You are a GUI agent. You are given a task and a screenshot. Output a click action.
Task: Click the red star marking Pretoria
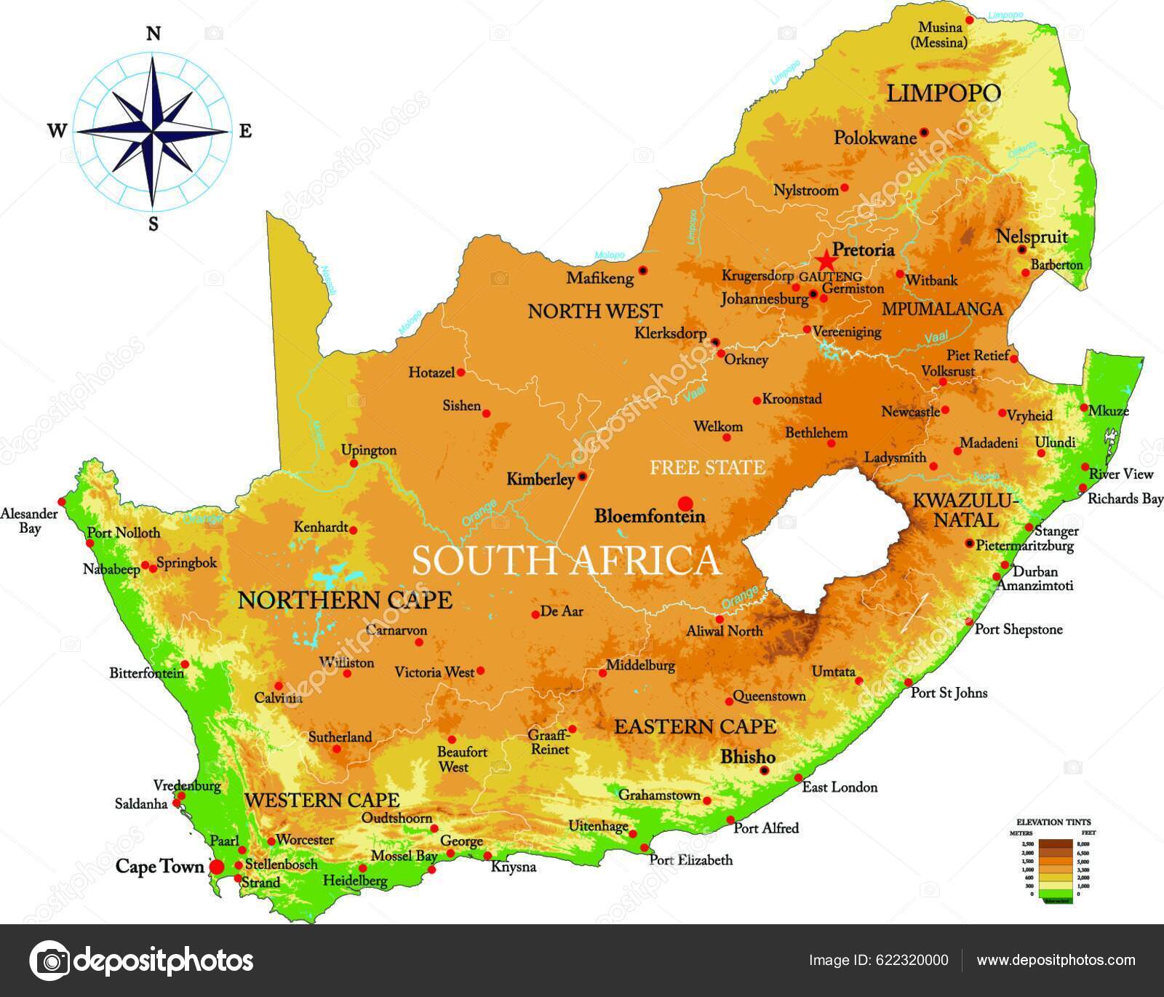tap(825, 261)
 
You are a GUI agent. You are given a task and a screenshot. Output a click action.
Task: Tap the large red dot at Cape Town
tap(217, 867)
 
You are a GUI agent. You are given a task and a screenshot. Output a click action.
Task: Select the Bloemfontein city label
tap(650, 516)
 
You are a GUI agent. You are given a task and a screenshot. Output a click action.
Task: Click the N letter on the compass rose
tap(153, 34)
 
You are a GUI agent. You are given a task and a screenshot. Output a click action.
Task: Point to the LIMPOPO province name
tap(944, 93)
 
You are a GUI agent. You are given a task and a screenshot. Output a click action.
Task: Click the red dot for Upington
tap(354, 464)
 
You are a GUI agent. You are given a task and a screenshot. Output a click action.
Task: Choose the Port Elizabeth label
tap(690, 860)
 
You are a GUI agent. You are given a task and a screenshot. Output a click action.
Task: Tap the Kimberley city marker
tap(582, 477)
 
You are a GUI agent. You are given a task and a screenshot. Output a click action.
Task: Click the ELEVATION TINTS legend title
tap(1053, 822)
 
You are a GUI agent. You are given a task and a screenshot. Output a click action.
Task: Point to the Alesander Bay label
tap(28, 520)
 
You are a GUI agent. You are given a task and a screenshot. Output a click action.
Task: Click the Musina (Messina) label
tap(939, 35)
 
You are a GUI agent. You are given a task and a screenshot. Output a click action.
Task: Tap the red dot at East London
tap(798, 778)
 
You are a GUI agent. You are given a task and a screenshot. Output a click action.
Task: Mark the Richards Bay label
tap(1125, 498)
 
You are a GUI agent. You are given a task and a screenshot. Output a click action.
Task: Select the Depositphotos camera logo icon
tap(49, 961)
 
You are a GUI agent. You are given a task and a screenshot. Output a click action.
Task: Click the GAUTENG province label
tap(830, 277)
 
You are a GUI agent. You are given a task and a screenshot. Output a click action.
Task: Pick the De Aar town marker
tap(535, 614)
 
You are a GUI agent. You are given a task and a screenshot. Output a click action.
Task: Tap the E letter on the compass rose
tap(245, 131)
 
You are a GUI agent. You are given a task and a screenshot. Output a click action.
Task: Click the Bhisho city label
tap(747, 757)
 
